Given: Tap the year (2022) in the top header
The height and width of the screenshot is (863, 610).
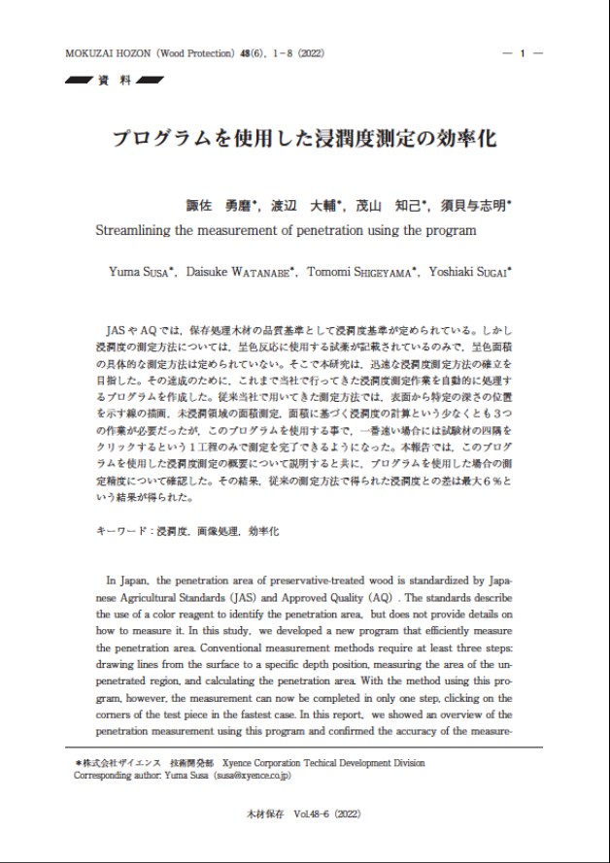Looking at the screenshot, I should pyautogui.click(x=311, y=53).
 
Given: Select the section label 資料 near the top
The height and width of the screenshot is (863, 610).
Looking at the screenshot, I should pyautogui.click(x=114, y=81).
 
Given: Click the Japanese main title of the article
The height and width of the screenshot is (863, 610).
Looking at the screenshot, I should pyautogui.click(x=304, y=138).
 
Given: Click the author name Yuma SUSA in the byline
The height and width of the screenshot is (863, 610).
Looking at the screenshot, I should pyautogui.click(x=139, y=272).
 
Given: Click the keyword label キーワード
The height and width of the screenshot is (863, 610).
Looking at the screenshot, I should pyautogui.click(x=125, y=533).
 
